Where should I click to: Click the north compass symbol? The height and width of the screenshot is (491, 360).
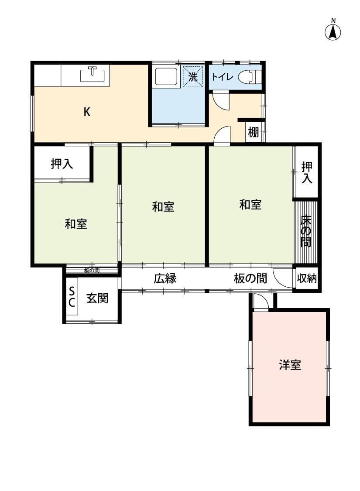(x=333, y=31)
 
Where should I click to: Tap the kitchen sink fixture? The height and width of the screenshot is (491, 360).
(x=93, y=75)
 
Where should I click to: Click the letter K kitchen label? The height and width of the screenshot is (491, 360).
(x=87, y=112)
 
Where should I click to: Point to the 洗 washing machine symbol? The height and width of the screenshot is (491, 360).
(x=193, y=77)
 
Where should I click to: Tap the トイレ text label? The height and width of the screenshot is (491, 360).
(x=222, y=77)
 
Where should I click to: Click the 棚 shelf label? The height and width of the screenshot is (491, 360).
(x=254, y=132)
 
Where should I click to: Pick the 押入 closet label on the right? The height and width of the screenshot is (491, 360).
(x=307, y=172)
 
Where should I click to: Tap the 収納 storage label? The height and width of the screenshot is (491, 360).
(x=307, y=278)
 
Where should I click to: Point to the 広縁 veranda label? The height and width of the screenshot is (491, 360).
(x=165, y=279)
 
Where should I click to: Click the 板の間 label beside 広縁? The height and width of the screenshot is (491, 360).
(x=250, y=279)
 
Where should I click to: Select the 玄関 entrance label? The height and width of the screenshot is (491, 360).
(x=97, y=299)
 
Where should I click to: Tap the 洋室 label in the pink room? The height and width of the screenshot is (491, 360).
(x=290, y=365)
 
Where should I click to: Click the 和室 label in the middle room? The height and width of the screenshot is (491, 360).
(x=163, y=206)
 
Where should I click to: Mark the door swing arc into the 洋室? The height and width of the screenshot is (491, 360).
(x=261, y=302)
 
